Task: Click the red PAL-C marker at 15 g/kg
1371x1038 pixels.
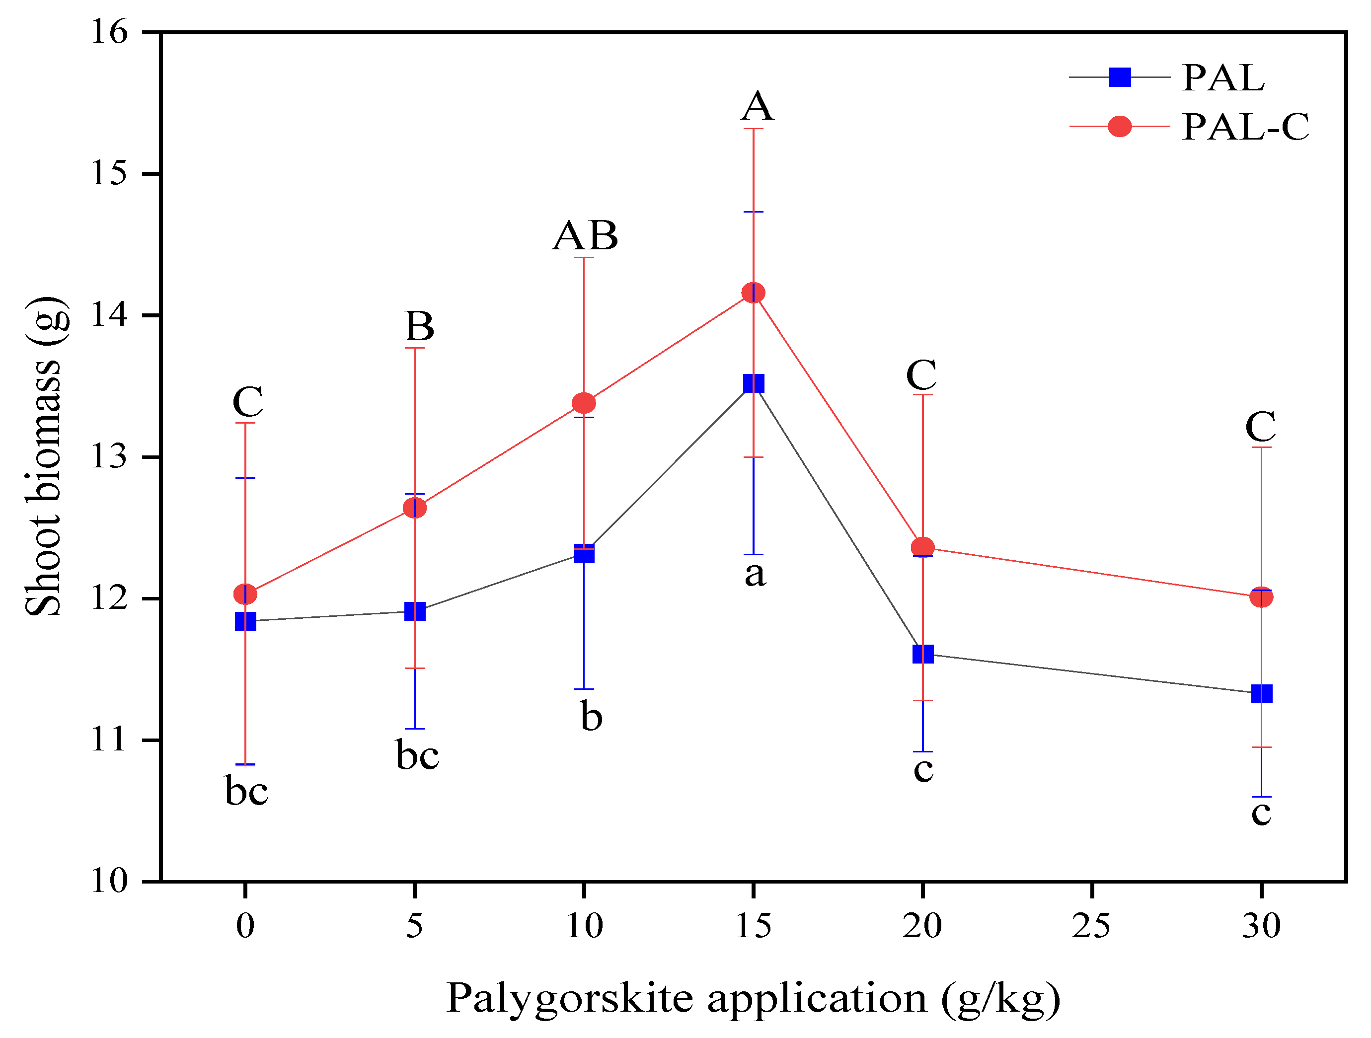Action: tap(753, 293)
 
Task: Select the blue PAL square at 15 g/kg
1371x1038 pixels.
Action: tap(753, 383)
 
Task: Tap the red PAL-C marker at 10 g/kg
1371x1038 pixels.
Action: tap(584, 403)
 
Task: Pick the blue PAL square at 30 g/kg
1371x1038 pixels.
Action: tap(1261, 693)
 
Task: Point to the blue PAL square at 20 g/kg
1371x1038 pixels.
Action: tap(923, 654)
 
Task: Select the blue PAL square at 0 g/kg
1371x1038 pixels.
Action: tap(245, 621)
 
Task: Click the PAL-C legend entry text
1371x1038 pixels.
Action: tap(1246, 127)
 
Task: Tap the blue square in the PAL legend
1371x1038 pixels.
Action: tap(1119, 77)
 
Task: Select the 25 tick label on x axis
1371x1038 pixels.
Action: tap(1091, 926)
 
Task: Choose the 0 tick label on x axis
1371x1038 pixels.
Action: tap(245, 926)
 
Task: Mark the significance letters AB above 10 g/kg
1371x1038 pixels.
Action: tap(585, 235)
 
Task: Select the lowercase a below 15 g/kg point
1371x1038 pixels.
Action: tap(755, 574)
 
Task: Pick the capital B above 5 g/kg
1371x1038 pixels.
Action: tap(420, 326)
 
